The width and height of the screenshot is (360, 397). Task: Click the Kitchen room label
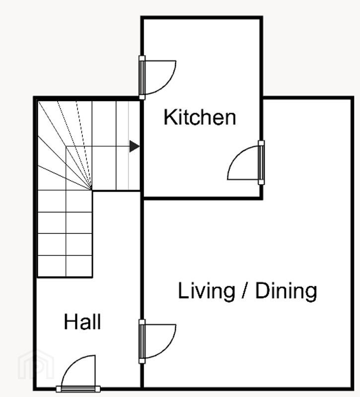click(x=200, y=117)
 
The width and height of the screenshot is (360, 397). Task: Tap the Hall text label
click(x=82, y=322)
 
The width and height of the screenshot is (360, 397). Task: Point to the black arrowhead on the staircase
click(x=134, y=146)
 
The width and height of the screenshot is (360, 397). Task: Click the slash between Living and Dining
click(x=245, y=290)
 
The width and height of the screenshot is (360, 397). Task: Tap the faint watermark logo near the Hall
click(x=36, y=365)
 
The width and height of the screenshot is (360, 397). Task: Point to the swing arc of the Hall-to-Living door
click(x=168, y=347)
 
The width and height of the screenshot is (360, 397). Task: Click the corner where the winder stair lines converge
click(x=91, y=190)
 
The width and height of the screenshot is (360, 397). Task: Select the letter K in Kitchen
click(x=170, y=117)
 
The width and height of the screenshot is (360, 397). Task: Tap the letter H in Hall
click(x=70, y=322)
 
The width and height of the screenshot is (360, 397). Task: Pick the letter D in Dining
click(x=262, y=290)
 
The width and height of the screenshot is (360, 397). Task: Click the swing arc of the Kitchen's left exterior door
click(x=168, y=83)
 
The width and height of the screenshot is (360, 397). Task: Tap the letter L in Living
click(x=183, y=290)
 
